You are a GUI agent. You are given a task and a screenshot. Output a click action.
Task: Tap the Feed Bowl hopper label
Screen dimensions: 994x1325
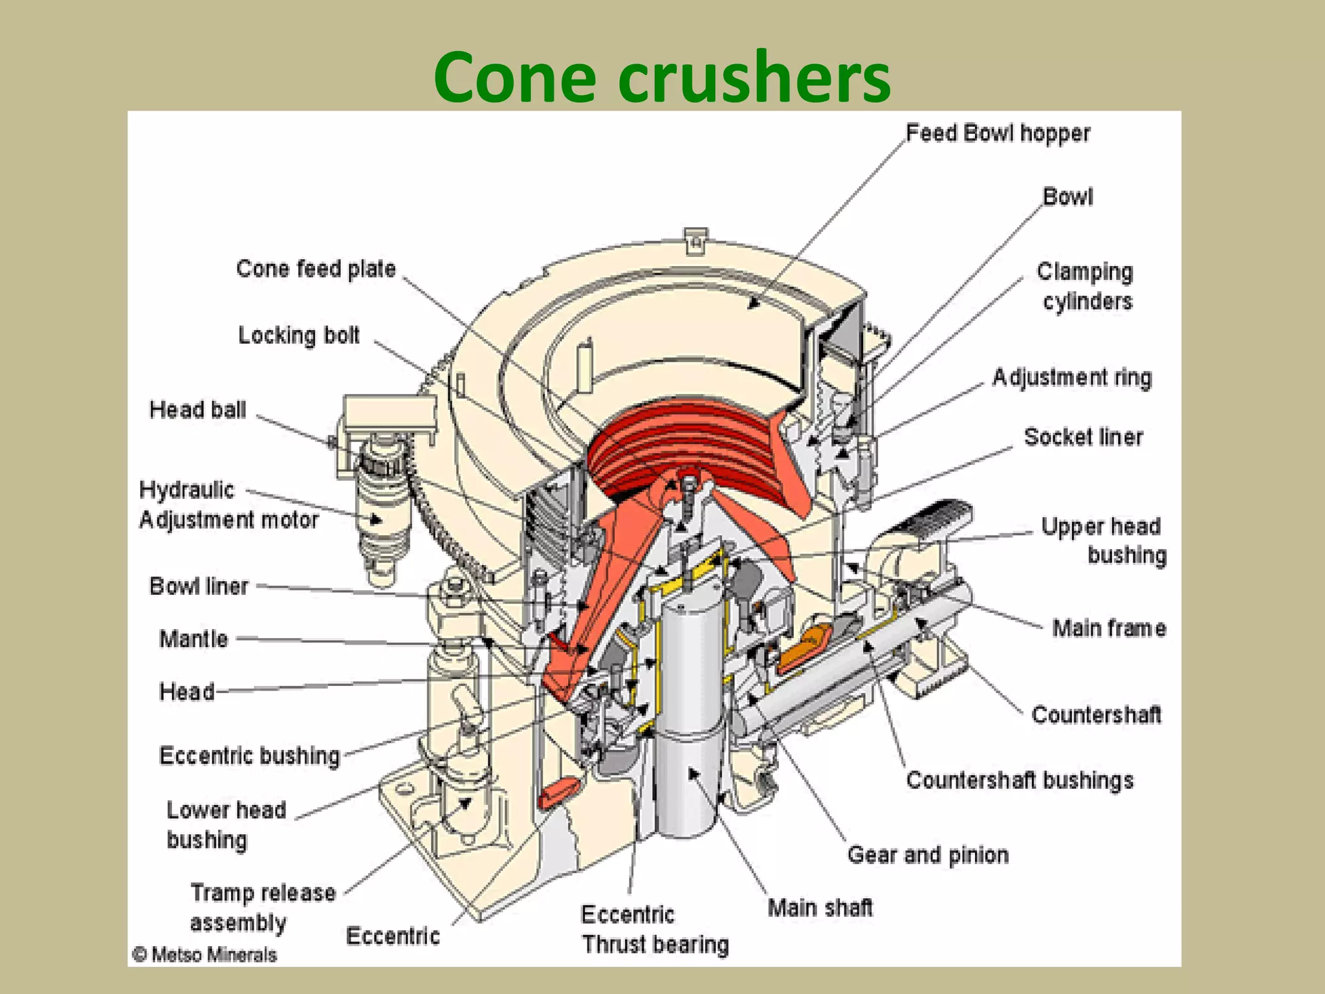(x=997, y=133)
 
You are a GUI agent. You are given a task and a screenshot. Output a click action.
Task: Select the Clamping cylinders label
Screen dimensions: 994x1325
(x=1086, y=287)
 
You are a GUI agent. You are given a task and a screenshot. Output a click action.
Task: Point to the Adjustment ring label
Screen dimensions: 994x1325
(x=1072, y=377)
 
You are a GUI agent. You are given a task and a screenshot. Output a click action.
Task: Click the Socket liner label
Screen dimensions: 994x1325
(x=1083, y=437)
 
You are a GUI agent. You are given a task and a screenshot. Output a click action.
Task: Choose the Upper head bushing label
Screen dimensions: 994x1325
(x=1103, y=540)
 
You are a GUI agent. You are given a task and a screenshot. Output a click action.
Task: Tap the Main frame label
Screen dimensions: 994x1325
(x=1109, y=628)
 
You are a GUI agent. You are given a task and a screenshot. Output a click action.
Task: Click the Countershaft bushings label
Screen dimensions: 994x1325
(x=1020, y=780)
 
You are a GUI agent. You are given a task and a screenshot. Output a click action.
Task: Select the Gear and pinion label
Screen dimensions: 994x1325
(x=928, y=855)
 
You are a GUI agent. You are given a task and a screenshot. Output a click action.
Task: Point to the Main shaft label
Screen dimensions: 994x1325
(x=820, y=908)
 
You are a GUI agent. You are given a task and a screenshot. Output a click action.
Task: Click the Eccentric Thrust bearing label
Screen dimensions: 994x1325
(x=653, y=930)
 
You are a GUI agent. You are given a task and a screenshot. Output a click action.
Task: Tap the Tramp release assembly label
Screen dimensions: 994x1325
(x=262, y=907)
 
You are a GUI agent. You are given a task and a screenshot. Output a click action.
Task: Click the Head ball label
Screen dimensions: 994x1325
(x=197, y=410)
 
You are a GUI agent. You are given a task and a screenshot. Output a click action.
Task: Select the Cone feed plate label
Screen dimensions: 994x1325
(x=316, y=269)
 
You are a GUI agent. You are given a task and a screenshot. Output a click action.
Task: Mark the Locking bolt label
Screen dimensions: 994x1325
(x=299, y=335)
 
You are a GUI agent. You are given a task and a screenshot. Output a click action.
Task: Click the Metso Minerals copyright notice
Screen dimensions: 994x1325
(x=204, y=955)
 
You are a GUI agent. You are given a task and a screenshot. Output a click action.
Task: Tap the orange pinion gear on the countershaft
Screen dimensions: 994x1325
(x=804, y=648)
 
